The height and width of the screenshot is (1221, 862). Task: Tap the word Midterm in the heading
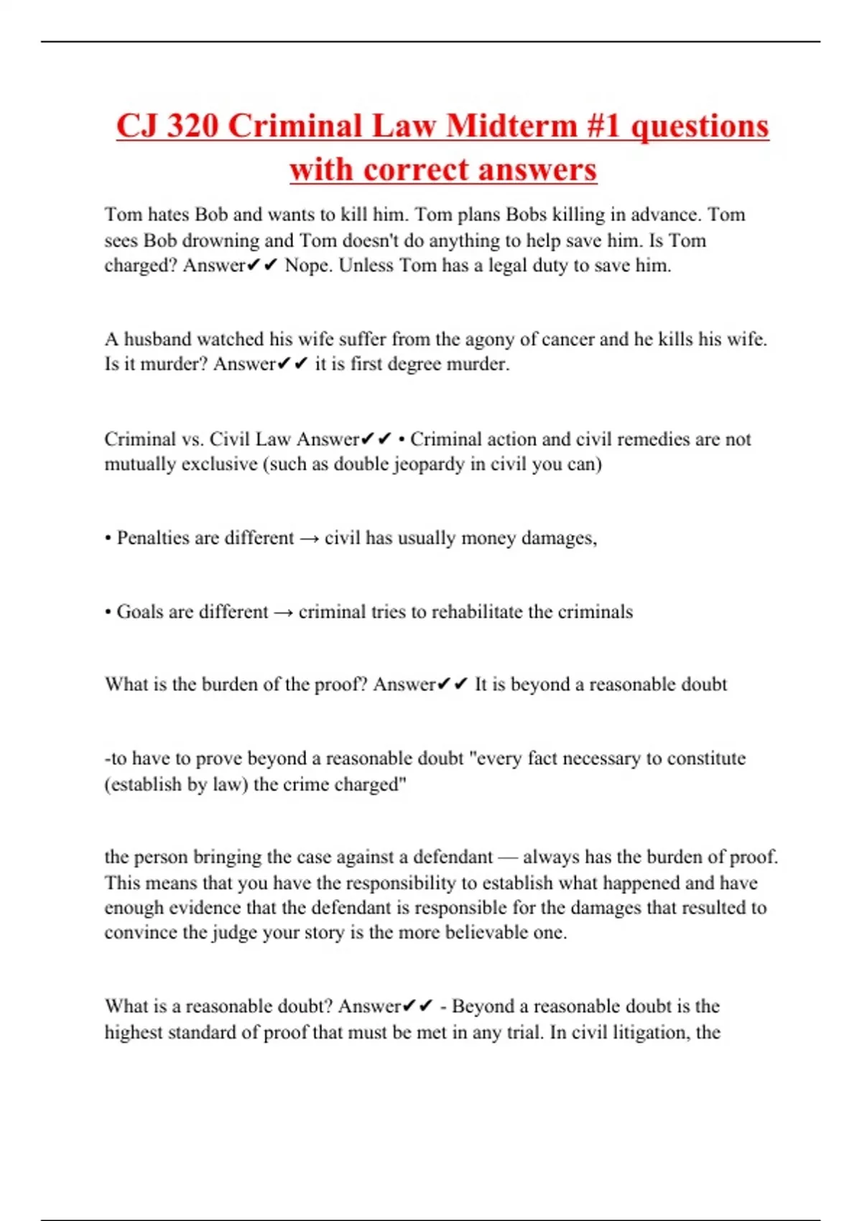coord(511,126)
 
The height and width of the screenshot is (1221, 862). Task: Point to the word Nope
coord(307,265)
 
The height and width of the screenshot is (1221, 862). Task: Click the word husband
coord(158,338)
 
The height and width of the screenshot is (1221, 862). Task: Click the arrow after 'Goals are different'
coord(284,612)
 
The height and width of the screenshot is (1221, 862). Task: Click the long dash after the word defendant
coord(507,857)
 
